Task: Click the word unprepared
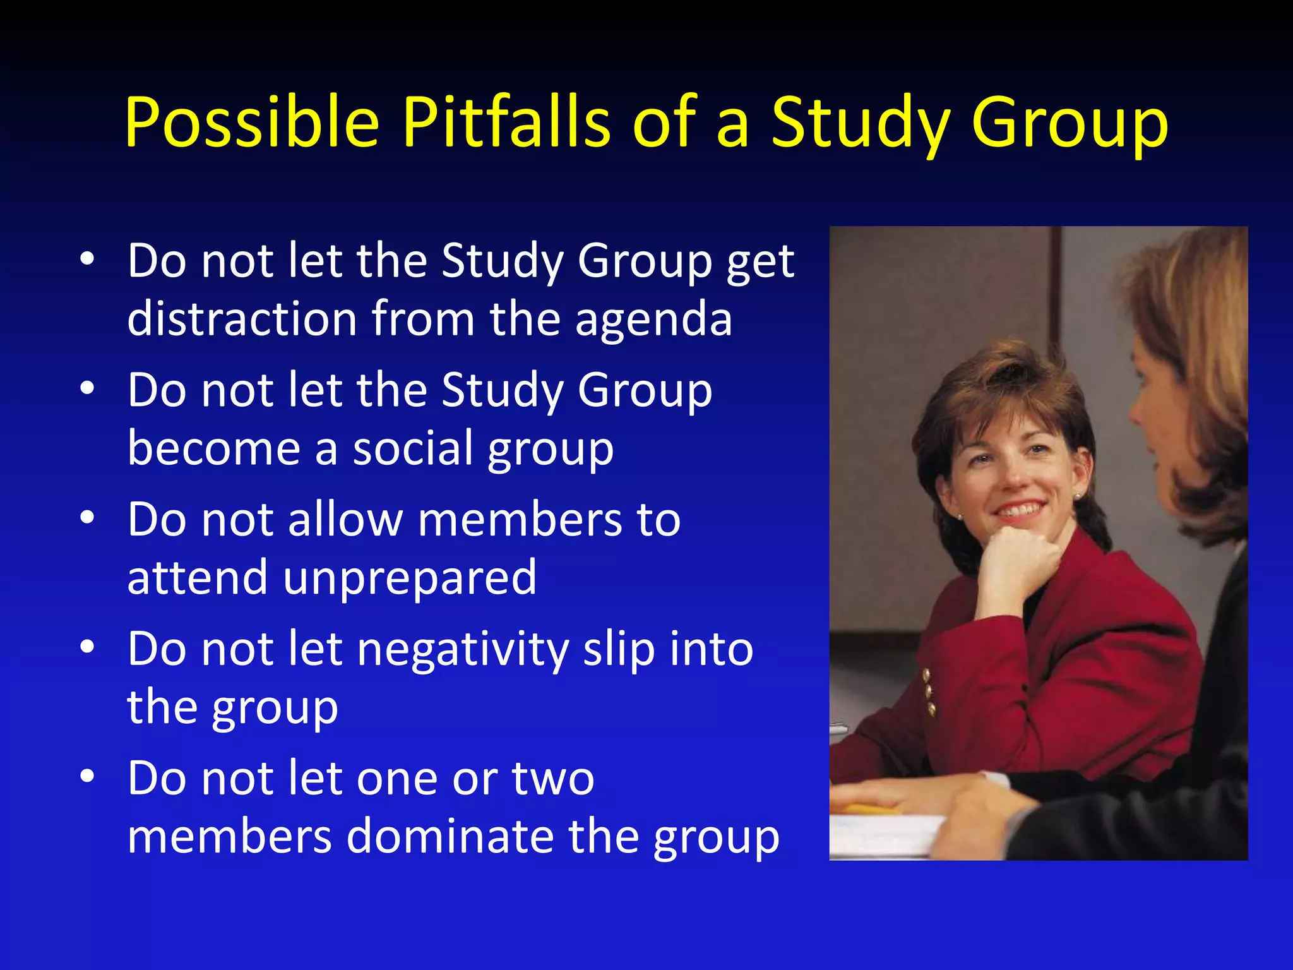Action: click(410, 578)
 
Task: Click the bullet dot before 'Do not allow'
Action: click(87, 518)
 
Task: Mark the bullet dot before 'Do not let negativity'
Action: click(87, 647)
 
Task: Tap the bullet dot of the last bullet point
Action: click(87, 776)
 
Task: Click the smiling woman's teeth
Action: click(1019, 508)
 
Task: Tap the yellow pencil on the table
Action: click(869, 809)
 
